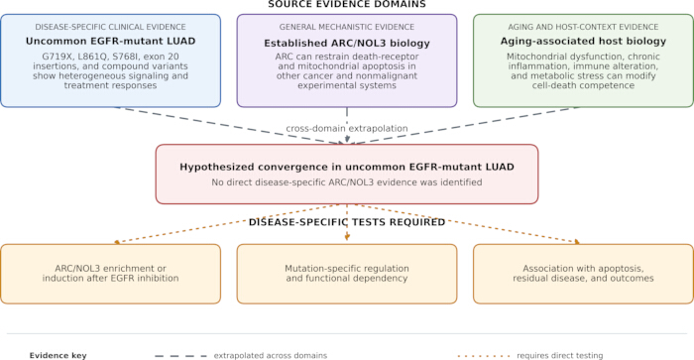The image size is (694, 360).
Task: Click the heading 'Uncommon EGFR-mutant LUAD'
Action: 110,42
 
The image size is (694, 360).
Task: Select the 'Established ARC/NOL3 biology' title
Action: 347,44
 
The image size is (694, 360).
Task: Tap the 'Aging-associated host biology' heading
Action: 583,42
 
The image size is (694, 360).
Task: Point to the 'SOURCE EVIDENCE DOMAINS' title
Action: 347,4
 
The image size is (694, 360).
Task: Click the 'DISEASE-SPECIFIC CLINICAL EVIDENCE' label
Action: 110,27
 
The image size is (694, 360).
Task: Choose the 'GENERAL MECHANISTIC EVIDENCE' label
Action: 347,27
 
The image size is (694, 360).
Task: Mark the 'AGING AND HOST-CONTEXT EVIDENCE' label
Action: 583,27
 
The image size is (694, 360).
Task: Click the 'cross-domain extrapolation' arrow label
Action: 347,128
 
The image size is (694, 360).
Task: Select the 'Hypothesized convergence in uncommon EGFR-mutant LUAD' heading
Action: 347,167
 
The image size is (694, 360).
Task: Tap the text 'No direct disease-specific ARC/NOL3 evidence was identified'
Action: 347,182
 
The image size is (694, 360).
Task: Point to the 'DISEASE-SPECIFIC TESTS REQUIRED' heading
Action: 347,222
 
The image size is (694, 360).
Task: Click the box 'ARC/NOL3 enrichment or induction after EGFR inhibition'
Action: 111,274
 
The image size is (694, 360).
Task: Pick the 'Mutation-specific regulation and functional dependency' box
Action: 347,274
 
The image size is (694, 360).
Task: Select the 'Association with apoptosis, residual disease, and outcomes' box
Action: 583,274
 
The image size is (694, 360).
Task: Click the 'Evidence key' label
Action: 58,356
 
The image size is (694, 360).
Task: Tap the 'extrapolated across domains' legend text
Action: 271,356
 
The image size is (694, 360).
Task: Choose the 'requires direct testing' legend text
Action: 560,356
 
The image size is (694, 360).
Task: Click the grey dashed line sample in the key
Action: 181,356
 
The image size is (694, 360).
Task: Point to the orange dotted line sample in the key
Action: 484,356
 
